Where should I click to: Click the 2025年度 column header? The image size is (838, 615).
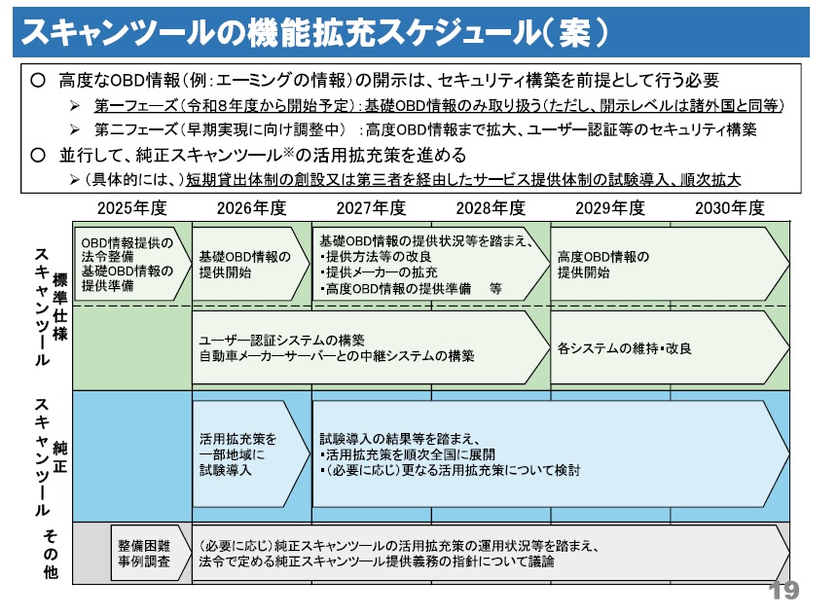(132, 207)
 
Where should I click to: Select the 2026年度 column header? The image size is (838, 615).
(251, 207)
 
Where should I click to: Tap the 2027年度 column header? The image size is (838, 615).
(371, 207)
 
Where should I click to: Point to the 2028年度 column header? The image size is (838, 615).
(491, 207)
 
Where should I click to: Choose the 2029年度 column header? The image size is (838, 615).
(610, 207)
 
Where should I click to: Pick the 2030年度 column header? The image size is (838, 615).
(730, 207)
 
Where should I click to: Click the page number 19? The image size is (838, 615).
(783, 591)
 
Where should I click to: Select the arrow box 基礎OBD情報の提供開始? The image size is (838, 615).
(247, 264)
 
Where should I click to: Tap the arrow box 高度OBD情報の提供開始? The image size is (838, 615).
(662, 264)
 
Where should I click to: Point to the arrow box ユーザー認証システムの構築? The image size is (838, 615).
(370, 348)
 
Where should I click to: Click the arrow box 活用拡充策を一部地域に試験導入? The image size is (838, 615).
(247, 453)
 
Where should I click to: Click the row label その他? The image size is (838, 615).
(48, 555)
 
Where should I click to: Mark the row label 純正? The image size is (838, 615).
(60, 454)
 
